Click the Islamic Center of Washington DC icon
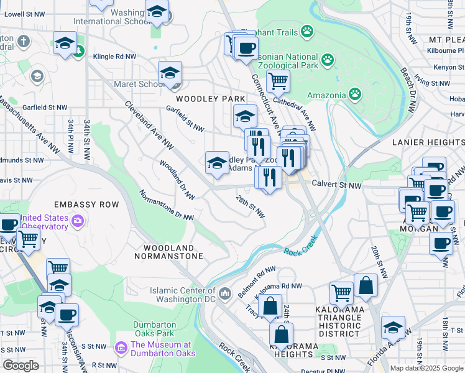click(226, 292)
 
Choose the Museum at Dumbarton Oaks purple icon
click(121, 348)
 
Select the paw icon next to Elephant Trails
click(307, 30)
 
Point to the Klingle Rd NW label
click(114, 57)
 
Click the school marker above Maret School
click(170, 73)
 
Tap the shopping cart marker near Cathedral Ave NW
click(278, 80)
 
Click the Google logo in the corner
click(21, 366)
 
